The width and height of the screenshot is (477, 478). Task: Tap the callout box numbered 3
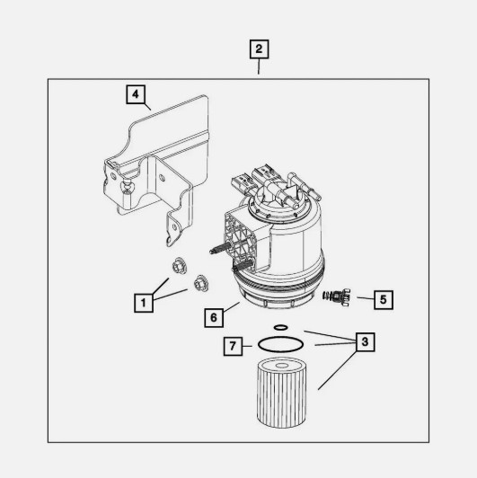363,342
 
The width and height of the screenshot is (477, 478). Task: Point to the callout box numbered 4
134,94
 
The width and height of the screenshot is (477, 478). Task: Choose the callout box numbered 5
383,298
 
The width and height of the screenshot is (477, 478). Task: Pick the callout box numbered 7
232,345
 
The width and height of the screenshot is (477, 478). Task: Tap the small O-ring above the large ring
280,327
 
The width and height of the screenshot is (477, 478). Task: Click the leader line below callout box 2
259,68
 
